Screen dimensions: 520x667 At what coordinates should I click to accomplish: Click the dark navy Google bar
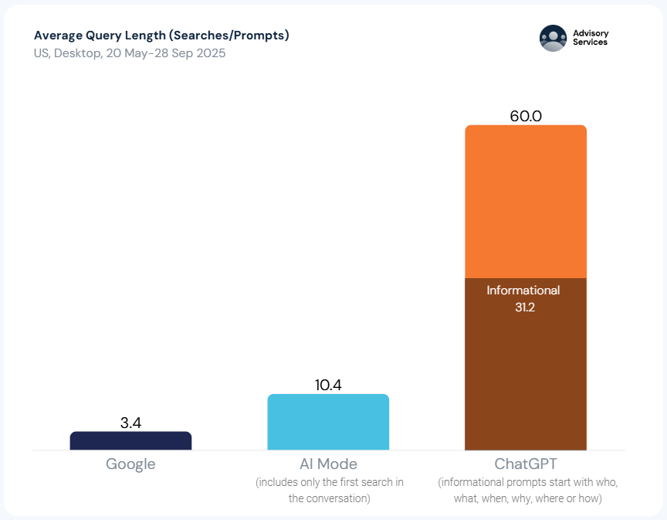[x=130, y=440]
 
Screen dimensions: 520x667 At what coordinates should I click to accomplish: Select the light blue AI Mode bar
[x=328, y=422]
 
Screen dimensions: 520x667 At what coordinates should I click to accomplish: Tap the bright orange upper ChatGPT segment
[x=525, y=201]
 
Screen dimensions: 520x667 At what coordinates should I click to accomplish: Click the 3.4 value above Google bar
[x=130, y=423]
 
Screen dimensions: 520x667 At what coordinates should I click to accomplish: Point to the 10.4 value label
[x=328, y=385]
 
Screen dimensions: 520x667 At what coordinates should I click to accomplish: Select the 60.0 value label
[x=526, y=116]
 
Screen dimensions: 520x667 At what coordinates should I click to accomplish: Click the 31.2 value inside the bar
[x=525, y=307]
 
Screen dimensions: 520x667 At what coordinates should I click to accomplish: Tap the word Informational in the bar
[x=523, y=291]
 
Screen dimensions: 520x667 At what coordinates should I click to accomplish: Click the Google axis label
[x=130, y=464]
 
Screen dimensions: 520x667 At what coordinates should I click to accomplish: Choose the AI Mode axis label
[x=328, y=464]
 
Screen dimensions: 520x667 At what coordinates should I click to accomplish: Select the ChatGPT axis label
[x=526, y=464]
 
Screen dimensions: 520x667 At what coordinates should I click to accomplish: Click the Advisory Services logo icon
[x=553, y=38]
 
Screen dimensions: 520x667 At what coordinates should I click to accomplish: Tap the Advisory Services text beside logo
[x=591, y=38]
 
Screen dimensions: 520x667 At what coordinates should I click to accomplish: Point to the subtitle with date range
[x=130, y=53]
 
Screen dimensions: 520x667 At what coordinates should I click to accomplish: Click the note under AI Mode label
[x=329, y=491]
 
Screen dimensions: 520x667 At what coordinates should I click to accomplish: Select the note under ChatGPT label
[x=528, y=491]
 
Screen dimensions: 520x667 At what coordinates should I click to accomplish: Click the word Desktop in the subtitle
[x=76, y=53]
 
